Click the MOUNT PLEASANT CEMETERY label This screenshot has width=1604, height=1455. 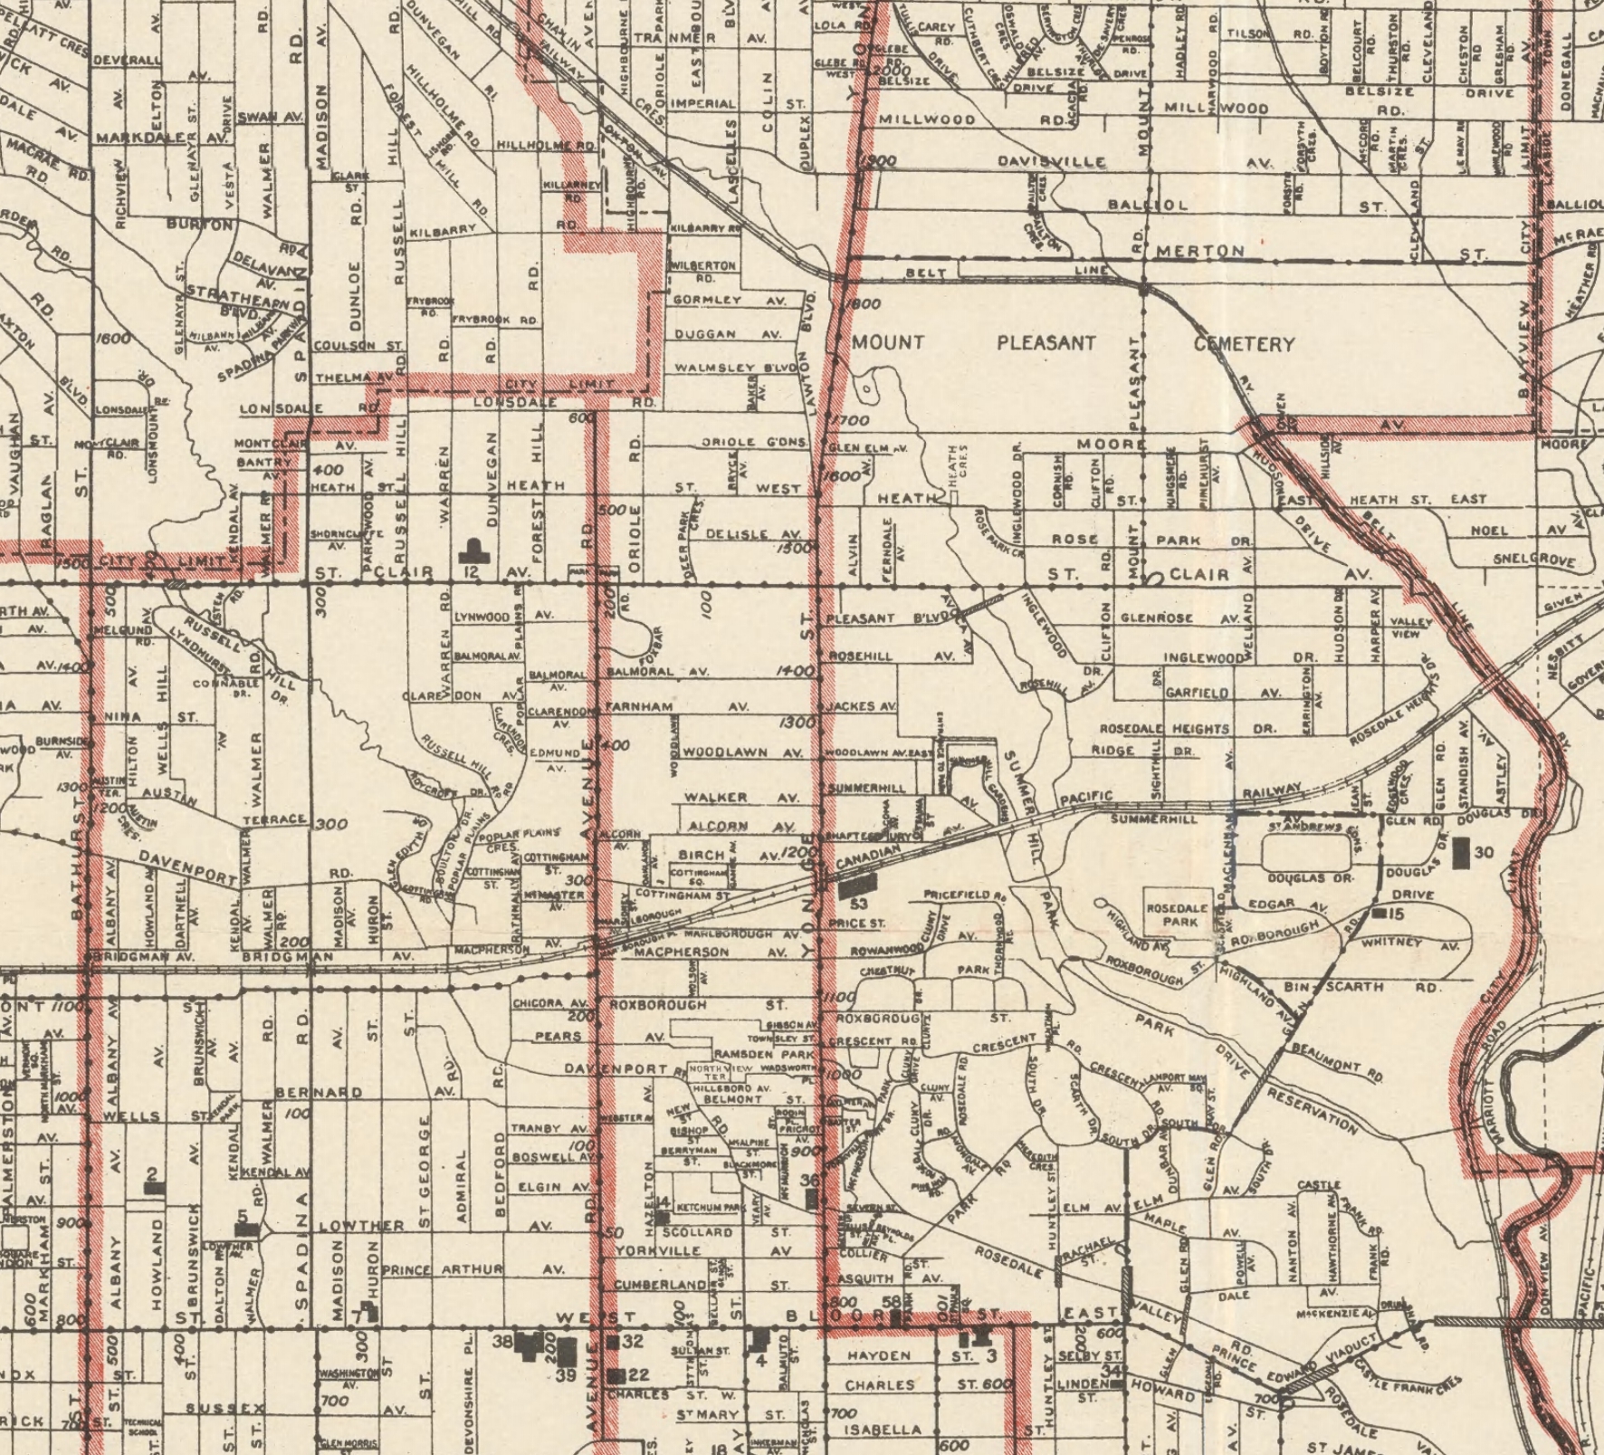coord(1073,343)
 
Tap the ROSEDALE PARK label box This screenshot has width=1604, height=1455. coord(1177,915)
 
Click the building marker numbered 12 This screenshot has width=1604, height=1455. coord(472,550)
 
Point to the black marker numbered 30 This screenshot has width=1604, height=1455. coord(1461,853)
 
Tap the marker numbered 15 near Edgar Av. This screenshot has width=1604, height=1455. coord(1379,914)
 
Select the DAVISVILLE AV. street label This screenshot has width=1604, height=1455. coord(1050,162)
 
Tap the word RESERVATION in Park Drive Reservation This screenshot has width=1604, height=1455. coord(1313,1113)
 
